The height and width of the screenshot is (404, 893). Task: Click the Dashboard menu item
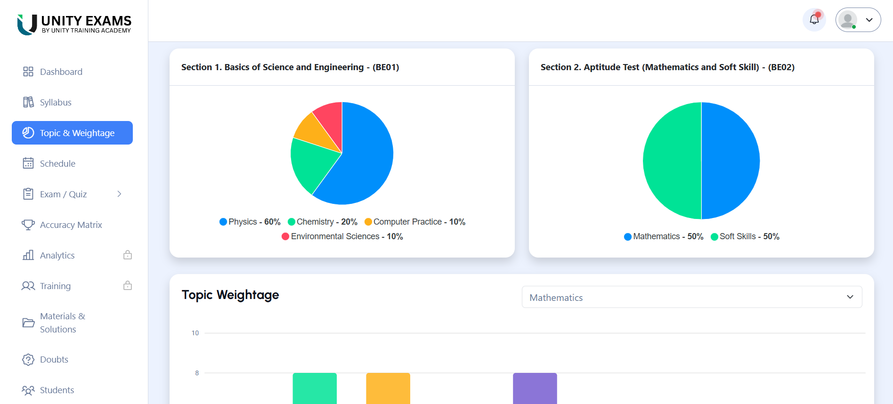click(61, 72)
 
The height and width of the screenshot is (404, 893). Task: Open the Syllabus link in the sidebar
click(55, 102)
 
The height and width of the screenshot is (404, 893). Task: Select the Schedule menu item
click(57, 163)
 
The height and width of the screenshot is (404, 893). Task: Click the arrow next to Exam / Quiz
click(119, 194)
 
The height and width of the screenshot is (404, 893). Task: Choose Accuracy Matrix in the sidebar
click(71, 225)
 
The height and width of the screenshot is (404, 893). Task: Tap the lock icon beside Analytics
click(128, 255)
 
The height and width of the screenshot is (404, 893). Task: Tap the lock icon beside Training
click(128, 286)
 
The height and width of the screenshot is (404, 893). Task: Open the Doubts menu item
click(54, 359)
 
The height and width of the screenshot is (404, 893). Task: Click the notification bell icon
click(814, 20)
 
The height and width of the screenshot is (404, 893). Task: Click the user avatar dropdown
click(858, 20)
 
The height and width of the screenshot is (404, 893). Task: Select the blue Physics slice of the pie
click(365, 160)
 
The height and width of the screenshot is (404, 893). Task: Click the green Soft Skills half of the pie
click(671, 161)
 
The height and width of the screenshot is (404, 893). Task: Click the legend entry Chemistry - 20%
click(323, 222)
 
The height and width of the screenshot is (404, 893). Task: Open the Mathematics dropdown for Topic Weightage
click(691, 297)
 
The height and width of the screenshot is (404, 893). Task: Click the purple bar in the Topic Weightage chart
click(535, 388)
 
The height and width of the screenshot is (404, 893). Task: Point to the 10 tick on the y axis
click(195, 333)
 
